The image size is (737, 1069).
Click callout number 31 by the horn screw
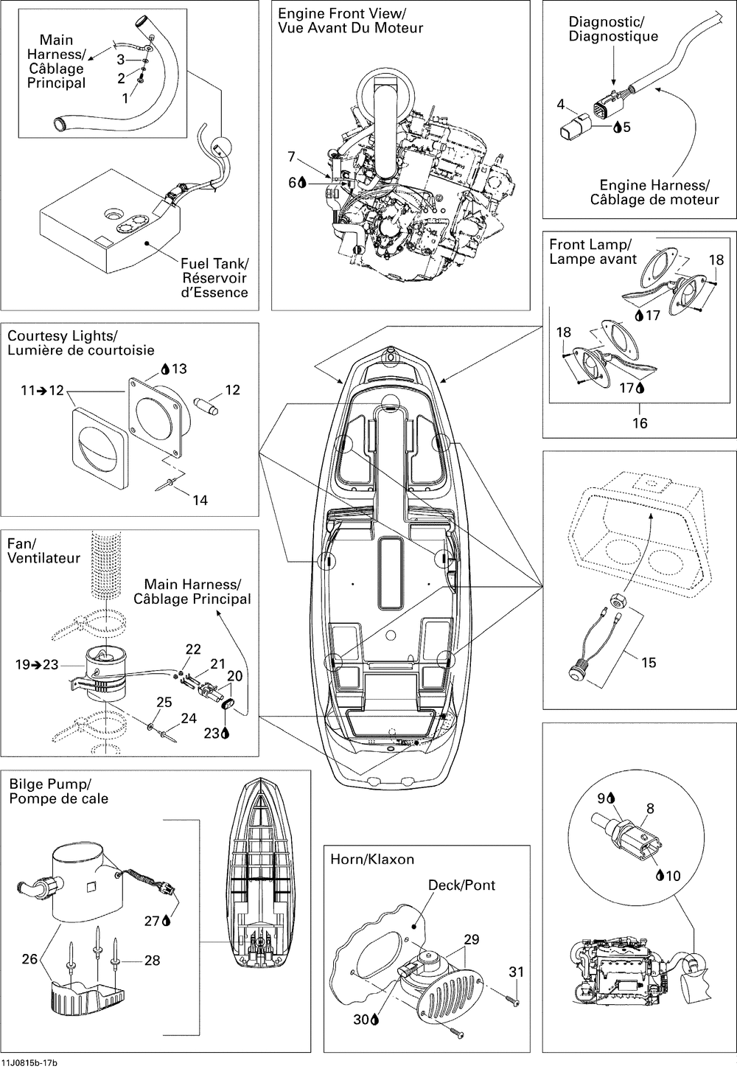[x=516, y=972]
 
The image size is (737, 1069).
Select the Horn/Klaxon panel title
[x=372, y=859]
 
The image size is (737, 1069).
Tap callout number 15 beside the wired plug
[x=648, y=662]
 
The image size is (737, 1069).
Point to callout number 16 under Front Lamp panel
[x=640, y=422]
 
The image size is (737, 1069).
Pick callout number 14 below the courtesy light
[x=200, y=500]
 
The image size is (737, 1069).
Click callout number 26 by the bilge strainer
[x=29, y=959]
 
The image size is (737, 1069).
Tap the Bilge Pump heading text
[x=58, y=790]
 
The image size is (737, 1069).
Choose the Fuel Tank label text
[x=214, y=277]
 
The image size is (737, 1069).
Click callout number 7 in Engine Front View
[x=291, y=156]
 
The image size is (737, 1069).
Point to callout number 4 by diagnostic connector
[x=561, y=105]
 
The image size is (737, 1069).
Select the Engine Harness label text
[x=654, y=192]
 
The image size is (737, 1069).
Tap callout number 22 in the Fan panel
[x=193, y=649]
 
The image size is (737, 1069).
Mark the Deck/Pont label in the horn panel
[x=462, y=885]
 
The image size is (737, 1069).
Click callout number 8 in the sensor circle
[x=649, y=808]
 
